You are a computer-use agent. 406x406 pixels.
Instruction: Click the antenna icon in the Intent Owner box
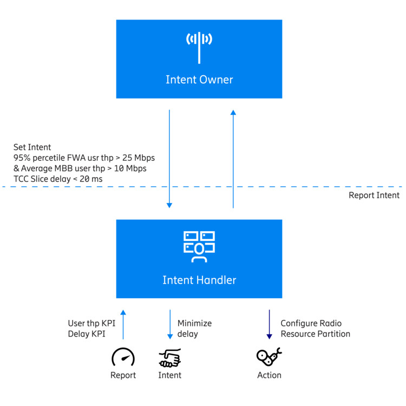[x=199, y=48]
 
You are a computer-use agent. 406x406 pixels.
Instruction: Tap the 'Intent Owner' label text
[x=199, y=80]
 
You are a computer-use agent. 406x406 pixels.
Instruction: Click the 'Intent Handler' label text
[x=199, y=280]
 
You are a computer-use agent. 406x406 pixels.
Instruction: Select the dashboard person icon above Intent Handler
[x=199, y=247]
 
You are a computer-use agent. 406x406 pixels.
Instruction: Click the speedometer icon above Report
[x=123, y=357]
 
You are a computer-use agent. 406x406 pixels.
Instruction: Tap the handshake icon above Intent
[x=170, y=358]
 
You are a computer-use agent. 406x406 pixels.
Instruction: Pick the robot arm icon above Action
[x=269, y=357]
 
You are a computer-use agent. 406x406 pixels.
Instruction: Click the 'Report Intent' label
[x=374, y=195]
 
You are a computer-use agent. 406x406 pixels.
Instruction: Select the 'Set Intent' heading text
[x=32, y=147]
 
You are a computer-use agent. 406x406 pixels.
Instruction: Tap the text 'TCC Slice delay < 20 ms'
[x=58, y=179]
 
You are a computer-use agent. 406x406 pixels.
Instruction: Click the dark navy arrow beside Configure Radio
[x=269, y=324]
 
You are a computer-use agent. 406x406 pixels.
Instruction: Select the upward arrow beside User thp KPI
[x=123, y=324]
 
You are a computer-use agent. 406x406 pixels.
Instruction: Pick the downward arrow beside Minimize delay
[x=170, y=324]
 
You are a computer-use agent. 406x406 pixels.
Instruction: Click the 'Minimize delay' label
[x=194, y=329]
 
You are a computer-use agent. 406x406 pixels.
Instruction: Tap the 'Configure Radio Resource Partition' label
[x=316, y=329]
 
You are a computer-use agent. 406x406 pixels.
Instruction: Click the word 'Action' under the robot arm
[x=269, y=375]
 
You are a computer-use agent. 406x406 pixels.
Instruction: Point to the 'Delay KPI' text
[x=87, y=334]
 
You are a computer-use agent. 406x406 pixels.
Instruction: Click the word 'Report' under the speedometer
[x=123, y=375]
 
